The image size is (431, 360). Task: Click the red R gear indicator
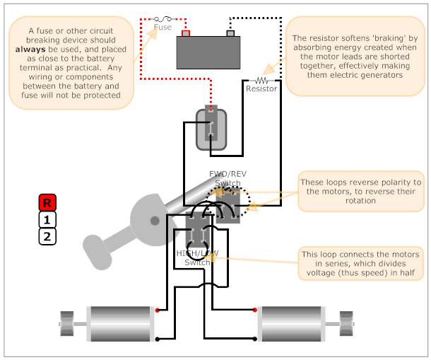[47, 202]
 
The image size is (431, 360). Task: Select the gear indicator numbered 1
[47, 220]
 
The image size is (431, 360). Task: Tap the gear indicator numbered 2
[47, 236]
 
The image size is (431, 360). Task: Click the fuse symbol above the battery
[163, 18]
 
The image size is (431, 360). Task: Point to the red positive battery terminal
[186, 33]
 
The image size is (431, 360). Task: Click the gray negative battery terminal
[230, 33]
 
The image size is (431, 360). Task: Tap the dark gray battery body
[208, 52]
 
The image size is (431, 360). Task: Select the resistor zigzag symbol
[261, 81]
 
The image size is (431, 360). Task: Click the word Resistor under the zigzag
[261, 88]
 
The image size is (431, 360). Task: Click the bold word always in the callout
[30, 50]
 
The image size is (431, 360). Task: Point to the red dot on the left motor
[158, 310]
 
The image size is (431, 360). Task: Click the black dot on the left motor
[158, 339]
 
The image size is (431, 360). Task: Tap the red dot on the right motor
[255, 310]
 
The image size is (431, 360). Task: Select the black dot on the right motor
[255, 339]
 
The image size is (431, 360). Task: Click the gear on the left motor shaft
[67, 324]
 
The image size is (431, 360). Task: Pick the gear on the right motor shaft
[346, 324]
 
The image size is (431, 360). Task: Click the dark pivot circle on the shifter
[155, 221]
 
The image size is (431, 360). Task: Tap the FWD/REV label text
[228, 174]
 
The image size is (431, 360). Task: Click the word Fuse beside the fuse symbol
[163, 28]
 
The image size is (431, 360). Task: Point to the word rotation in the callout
[360, 200]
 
